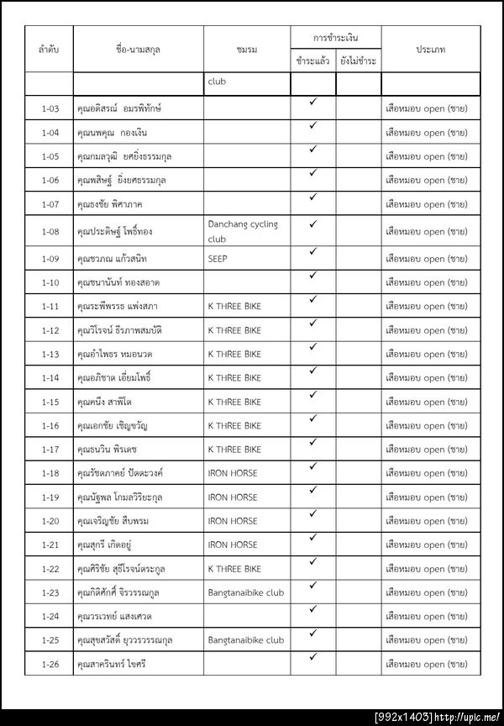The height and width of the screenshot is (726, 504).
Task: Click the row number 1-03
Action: click(x=50, y=108)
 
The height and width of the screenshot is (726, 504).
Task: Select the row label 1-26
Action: click(x=50, y=664)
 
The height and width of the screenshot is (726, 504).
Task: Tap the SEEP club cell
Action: click(x=218, y=259)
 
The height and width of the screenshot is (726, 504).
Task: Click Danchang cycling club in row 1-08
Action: click(x=243, y=231)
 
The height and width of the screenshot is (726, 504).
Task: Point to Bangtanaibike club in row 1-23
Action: click(x=245, y=592)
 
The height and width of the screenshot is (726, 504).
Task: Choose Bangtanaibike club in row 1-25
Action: click(x=245, y=640)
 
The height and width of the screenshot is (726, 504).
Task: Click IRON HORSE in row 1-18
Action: click(x=233, y=473)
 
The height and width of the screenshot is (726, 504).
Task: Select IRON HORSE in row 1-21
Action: click(x=233, y=544)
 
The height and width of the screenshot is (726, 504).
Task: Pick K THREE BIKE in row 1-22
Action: click(x=234, y=569)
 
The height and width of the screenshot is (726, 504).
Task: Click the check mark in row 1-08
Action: click(x=312, y=224)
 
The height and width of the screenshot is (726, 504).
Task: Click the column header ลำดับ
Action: click(x=50, y=50)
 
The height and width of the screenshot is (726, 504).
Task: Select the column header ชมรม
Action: click(x=247, y=50)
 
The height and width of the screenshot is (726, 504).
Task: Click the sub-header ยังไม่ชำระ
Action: click(x=359, y=61)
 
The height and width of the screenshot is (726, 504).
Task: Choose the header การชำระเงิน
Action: click(x=335, y=38)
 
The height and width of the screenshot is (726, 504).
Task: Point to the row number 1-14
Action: click(x=50, y=378)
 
